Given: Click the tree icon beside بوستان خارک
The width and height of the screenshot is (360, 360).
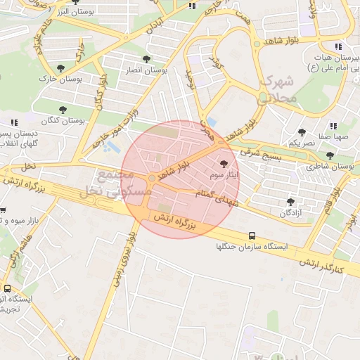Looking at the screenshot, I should pyautogui.click(x=61, y=68).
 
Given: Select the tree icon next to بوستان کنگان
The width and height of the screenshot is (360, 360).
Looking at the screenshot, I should pyautogui.click(x=63, y=110).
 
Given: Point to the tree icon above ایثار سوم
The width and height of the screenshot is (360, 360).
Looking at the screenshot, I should pyautogui.click(x=224, y=162).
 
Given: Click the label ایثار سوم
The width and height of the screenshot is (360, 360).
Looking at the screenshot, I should pyautogui.click(x=224, y=173).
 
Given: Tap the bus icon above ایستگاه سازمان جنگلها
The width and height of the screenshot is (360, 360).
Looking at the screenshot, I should pyautogui.click(x=252, y=236).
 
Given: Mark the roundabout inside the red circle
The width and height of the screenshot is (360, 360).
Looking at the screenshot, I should pyautogui.click(x=152, y=178).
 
